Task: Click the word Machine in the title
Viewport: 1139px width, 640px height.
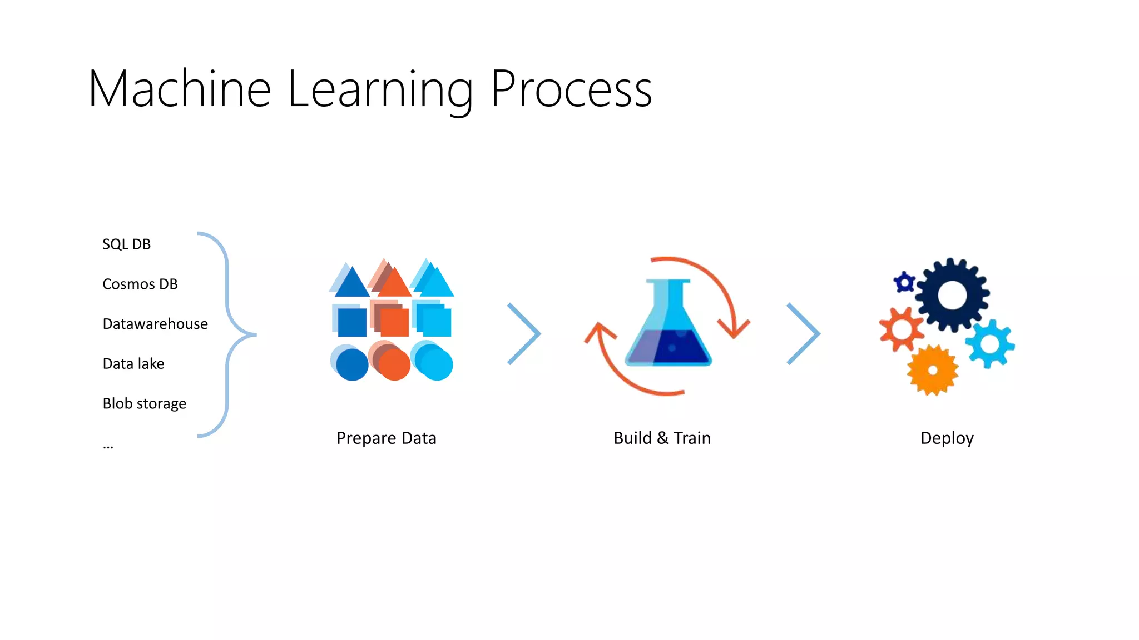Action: click(x=180, y=89)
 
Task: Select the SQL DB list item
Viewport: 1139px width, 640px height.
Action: click(x=126, y=244)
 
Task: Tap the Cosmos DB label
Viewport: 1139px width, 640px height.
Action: click(x=140, y=284)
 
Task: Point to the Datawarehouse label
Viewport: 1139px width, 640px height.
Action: click(x=155, y=324)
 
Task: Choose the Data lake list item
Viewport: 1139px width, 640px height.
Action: click(x=133, y=364)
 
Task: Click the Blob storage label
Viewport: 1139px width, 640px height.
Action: click(x=145, y=404)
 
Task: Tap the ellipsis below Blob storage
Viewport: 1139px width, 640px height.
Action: click(x=108, y=446)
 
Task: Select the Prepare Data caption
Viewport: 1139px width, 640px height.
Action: click(x=387, y=438)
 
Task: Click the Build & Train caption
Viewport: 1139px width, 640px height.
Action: click(x=662, y=438)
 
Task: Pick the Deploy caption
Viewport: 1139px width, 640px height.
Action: click(x=947, y=438)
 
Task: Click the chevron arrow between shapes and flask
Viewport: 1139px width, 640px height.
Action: click(x=524, y=334)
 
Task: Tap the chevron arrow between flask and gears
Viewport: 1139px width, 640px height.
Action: click(x=804, y=334)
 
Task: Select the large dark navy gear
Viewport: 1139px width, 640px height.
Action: click(x=952, y=295)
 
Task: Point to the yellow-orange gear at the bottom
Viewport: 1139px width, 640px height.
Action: click(x=933, y=371)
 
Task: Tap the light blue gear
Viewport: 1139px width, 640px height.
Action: click(x=990, y=344)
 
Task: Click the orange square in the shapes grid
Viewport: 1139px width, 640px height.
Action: click(x=395, y=322)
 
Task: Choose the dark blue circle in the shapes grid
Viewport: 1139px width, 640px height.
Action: click(x=352, y=364)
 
